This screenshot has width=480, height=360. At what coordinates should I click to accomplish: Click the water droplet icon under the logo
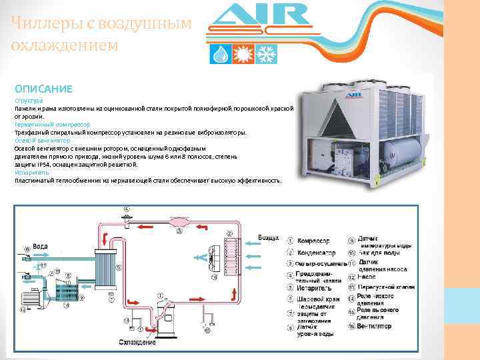click(x=219, y=54)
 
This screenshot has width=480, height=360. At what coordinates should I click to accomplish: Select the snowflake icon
click(x=266, y=54)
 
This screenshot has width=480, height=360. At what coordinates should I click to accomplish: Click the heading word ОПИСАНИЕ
click(x=43, y=88)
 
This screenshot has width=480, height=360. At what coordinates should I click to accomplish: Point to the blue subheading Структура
click(x=28, y=101)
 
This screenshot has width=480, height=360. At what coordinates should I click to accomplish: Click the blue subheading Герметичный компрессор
click(x=53, y=125)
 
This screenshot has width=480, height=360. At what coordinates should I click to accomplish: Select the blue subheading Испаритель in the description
click(x=30, y=172)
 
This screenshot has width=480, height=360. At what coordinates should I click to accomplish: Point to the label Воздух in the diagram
click(x=269, y=238)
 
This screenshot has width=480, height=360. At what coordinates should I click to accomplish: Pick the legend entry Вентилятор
click(x=375, y=327)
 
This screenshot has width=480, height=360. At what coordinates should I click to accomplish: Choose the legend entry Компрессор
click(x=313, y=241)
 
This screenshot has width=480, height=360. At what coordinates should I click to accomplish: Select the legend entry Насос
click(x=368, y=275)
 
